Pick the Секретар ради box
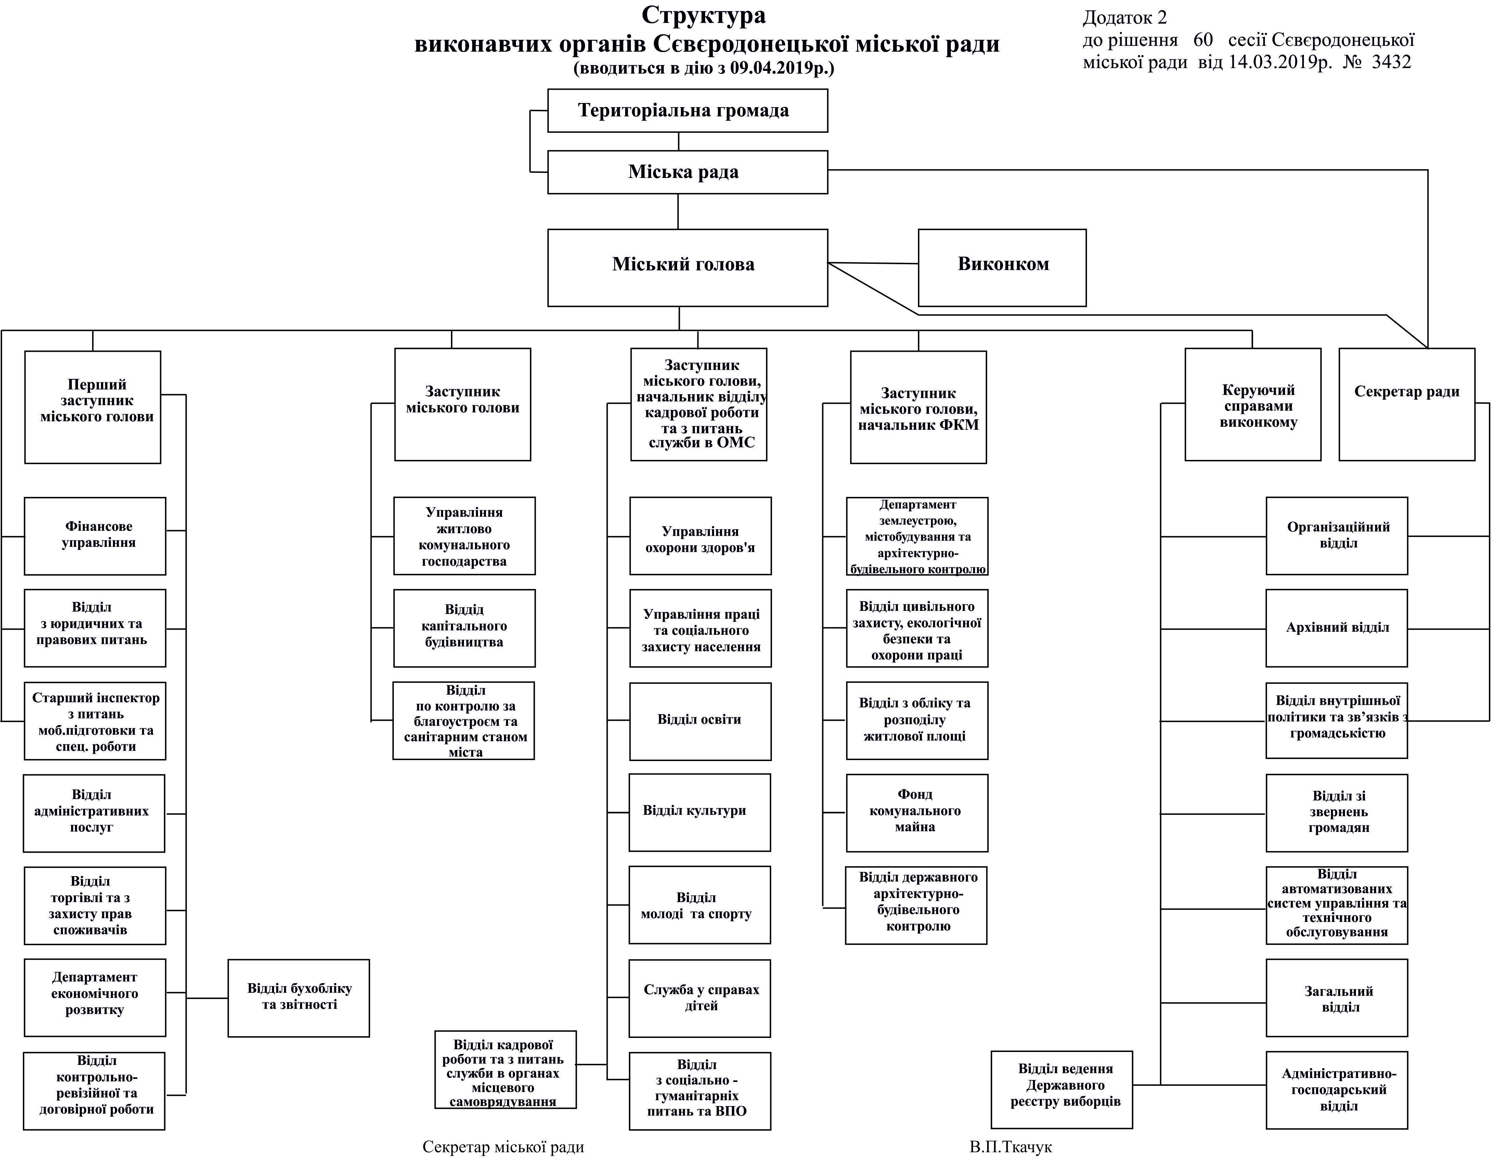(x=1406, y=404)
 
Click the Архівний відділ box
(x=1336, y=628)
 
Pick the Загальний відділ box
(x=1336, y=998)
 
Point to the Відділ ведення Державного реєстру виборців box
(x=1061, y=1089)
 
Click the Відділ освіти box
(x=700, y=721)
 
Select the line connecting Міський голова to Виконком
(x=873, y=263)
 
